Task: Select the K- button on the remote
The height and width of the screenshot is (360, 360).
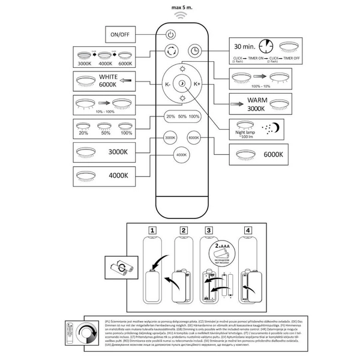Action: click(169, 85)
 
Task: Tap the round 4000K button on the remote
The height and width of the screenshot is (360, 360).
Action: click(182, 155)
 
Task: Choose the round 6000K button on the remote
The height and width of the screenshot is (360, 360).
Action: click(194, 137)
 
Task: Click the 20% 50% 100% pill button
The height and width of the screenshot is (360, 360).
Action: click(182, 117)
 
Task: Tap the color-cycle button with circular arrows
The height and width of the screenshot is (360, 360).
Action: click(171, 50)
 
